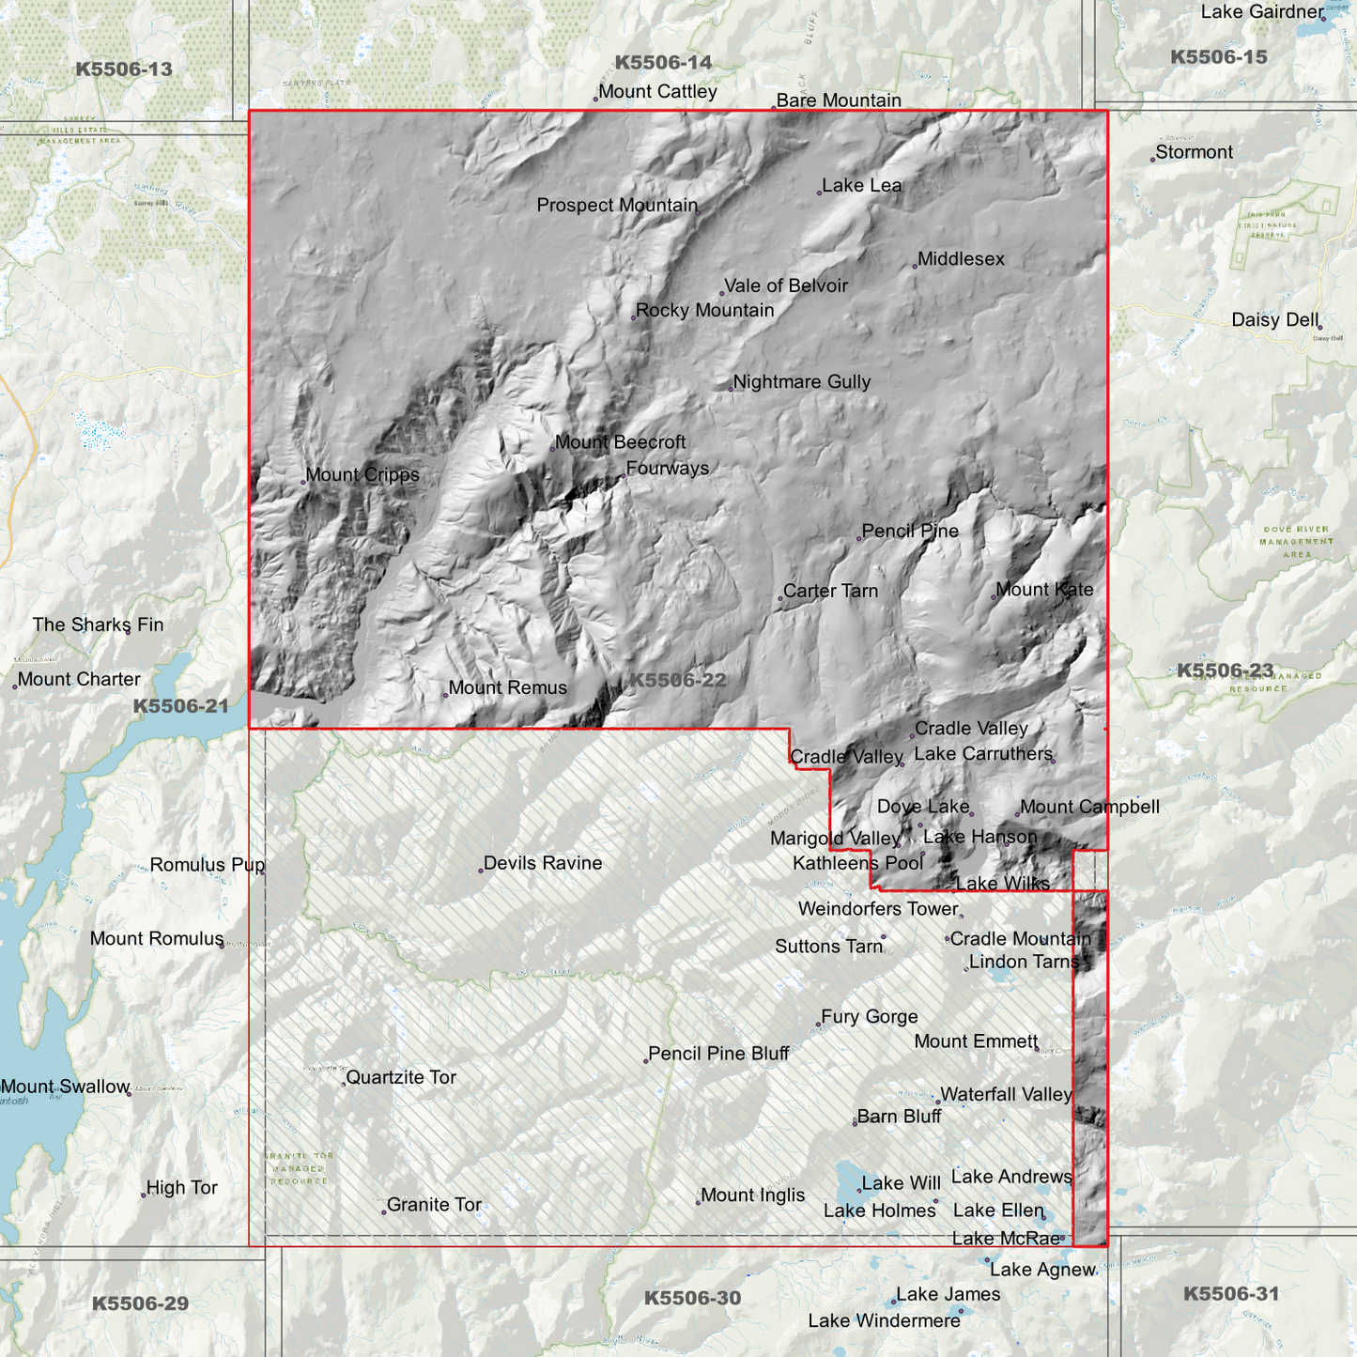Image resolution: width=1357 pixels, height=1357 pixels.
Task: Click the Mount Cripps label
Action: click(x=362, y=475)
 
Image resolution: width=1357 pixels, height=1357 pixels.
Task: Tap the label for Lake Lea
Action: click(x=861, y=186)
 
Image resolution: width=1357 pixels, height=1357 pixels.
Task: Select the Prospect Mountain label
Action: click(x=617, y=206)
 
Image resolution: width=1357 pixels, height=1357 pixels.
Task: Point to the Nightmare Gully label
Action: click(x=801, y=382)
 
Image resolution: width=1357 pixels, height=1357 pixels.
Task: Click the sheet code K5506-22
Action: click(x=677, y=680)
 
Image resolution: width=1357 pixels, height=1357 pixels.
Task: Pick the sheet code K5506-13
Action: click(x=124, y=69)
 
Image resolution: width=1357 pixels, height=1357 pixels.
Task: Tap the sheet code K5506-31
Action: click(x=1230, y=1294)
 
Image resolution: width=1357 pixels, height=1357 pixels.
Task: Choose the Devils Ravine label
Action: click(x=542, y=863)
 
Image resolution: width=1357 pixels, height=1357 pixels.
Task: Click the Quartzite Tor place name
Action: click(x=401, y=1077)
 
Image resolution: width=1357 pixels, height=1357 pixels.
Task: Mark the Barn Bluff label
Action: click(x=899, y=1117)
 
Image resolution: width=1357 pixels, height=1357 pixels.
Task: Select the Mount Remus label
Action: click(x=507, y=688)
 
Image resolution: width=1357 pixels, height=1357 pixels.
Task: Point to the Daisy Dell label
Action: click(x=1275, y=320)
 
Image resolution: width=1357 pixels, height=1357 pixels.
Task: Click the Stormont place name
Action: click(x=1194, y=152)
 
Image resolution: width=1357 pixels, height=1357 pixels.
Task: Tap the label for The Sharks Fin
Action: click(x=98, y=625)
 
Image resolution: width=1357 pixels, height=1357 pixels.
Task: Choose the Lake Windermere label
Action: click(x=884, y=1321)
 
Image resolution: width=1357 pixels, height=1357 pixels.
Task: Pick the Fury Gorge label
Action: click(x=869, y=1017)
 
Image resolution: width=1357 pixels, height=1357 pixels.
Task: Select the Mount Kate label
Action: click(x=1044, y=590)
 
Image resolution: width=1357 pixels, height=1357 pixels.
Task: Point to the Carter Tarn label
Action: click(x=830, y=592)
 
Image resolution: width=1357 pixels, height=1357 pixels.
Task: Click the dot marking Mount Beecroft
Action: click(x=552, y=448)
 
